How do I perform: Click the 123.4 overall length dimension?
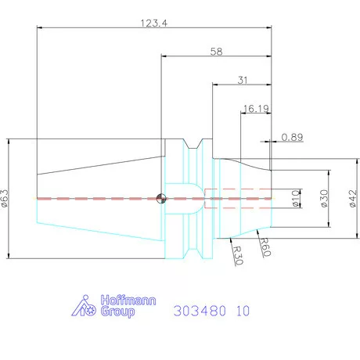click(154, 23)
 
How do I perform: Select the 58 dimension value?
click(216, 52)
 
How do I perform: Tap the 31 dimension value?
click(243, 80)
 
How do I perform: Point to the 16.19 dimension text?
click(256, 109)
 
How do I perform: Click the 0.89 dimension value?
click(292, 137)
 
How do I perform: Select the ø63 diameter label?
click(5, 198)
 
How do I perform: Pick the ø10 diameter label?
click(296, 198)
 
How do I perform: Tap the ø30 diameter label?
click(324, 198)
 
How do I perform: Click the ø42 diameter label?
click(353, 198)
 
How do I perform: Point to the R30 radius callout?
click(238, 255)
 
